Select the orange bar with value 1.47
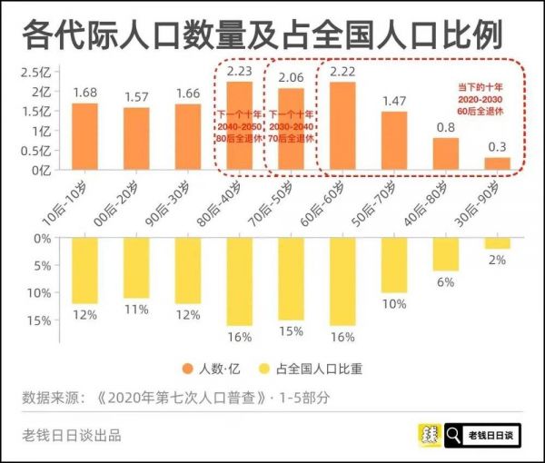click(394, 141)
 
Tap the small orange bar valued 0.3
click(497, 163)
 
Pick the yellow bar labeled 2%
click(497, 242)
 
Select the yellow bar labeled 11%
click(136, 268)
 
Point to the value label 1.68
click(84, 91)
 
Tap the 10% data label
click(394, 304)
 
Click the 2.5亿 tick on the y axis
click(37, 73)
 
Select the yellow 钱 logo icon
click(429, 437)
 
